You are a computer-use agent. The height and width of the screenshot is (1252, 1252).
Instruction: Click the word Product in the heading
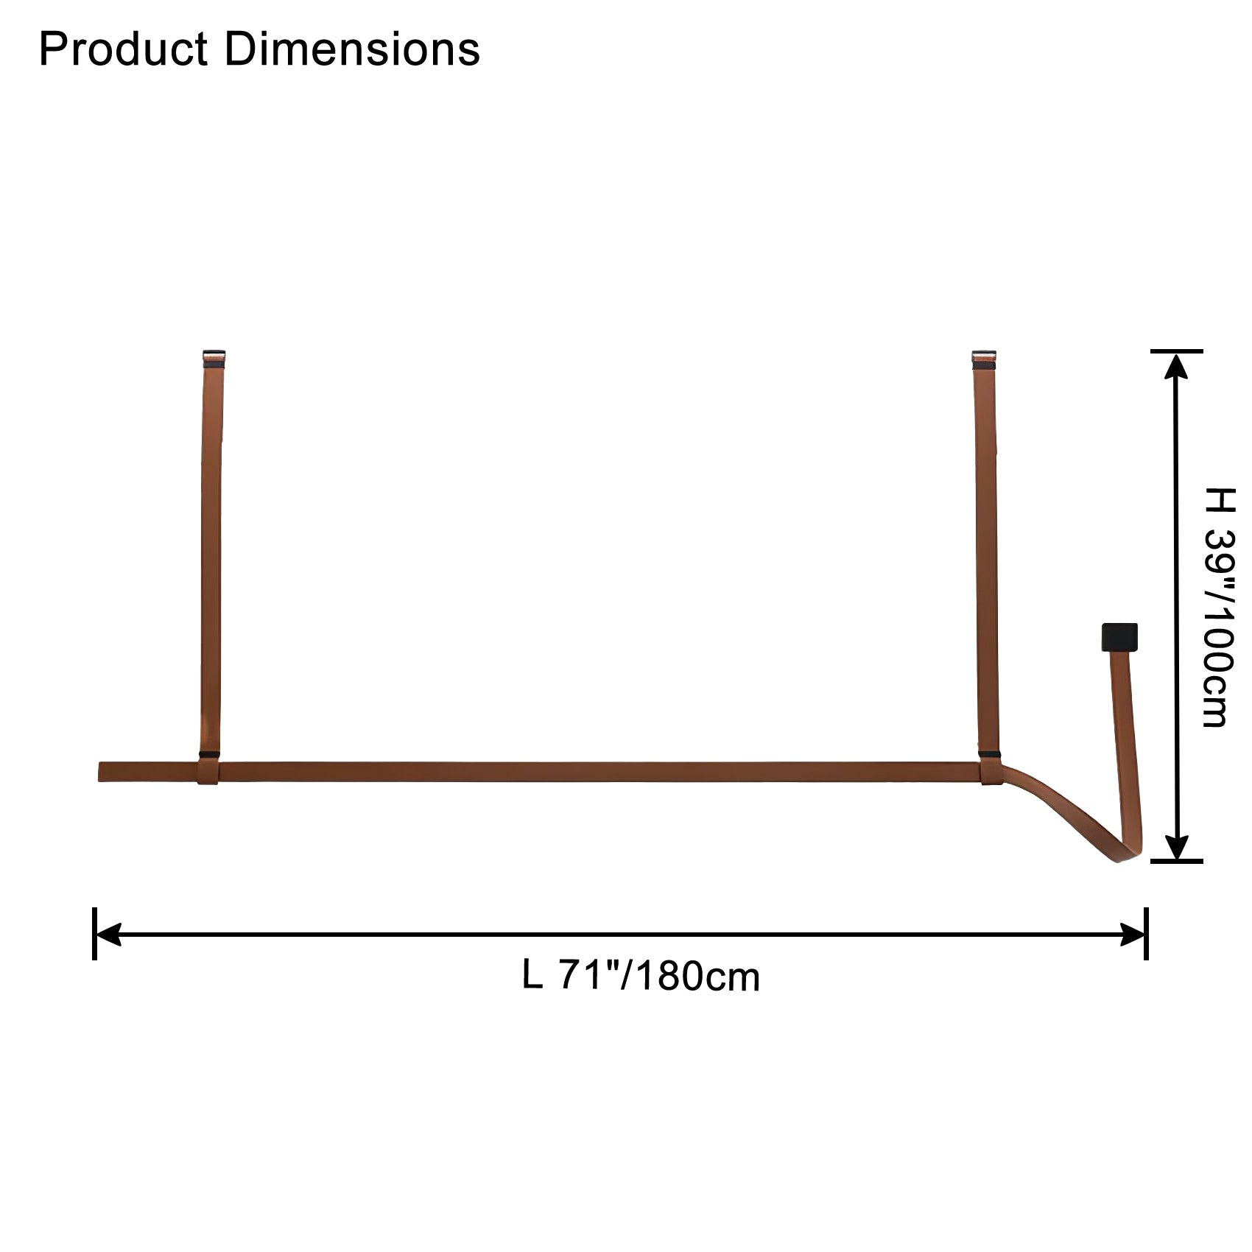point(123,49)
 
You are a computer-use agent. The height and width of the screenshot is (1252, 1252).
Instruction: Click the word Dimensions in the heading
point(352,49)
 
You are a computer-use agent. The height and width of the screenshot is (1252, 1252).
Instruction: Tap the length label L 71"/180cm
point(641,977)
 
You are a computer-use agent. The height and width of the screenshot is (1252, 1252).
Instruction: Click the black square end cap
point(1119,637)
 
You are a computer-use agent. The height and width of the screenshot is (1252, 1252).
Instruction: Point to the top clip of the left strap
point(214,359)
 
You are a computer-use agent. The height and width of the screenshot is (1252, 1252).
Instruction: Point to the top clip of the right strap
point(984,359)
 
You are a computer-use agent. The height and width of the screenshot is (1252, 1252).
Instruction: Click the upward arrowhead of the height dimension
point(1177,366)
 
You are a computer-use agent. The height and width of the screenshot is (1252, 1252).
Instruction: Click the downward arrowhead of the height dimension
point(1177,846)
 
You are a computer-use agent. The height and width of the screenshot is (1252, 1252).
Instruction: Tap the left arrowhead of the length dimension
point(109,935)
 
